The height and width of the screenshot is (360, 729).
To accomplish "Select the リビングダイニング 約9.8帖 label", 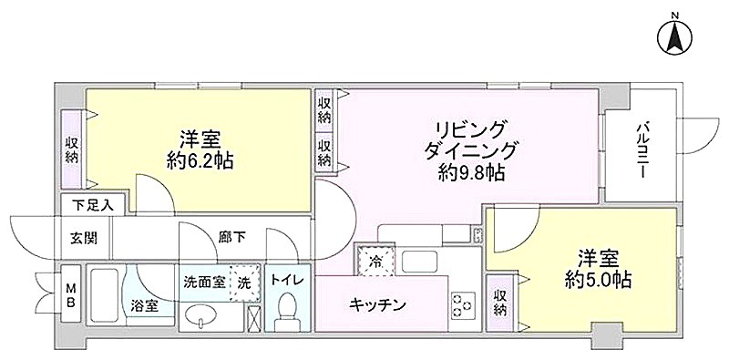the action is [470, 150].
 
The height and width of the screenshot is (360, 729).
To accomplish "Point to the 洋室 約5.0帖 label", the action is [598, 268].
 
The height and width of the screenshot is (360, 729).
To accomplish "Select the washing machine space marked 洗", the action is [244, 282].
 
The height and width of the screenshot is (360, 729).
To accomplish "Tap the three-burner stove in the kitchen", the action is [463, 305].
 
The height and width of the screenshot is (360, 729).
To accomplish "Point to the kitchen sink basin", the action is [419, 262].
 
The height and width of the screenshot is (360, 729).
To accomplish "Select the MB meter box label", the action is [72, 294].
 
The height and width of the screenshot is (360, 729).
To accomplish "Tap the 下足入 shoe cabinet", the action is [93, 205].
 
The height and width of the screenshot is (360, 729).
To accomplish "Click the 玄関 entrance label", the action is [84, 238].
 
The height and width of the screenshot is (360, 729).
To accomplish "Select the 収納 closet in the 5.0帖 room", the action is [500, 302].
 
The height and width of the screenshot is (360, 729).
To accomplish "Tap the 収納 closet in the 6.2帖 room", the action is [71, 149].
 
